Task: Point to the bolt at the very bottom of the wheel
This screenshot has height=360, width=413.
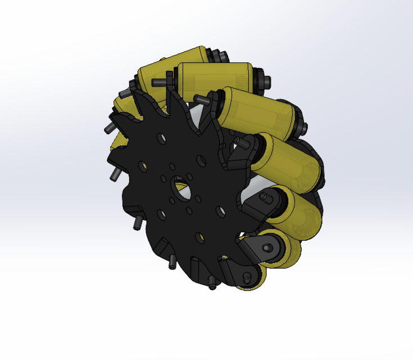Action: pyautogui.click(x=212, y=285)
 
